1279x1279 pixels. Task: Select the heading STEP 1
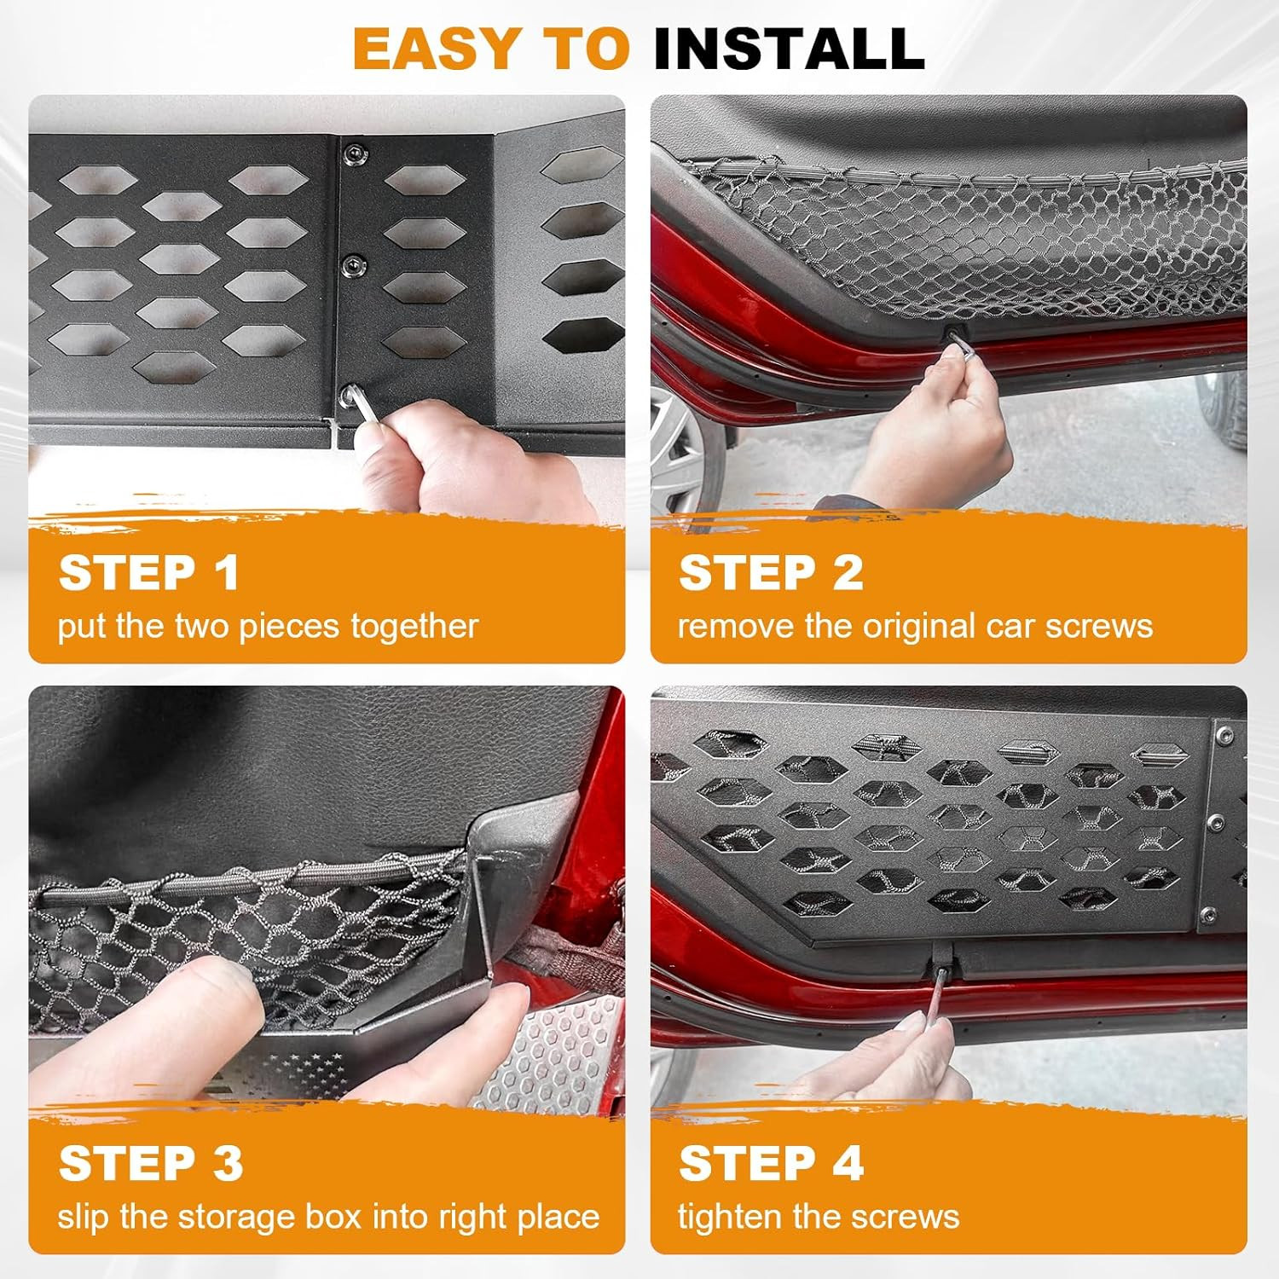148,572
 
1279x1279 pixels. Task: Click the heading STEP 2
771,572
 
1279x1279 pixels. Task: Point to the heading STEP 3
151,1164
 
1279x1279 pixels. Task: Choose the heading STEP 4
771,1164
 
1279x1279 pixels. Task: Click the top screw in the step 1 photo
355,153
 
